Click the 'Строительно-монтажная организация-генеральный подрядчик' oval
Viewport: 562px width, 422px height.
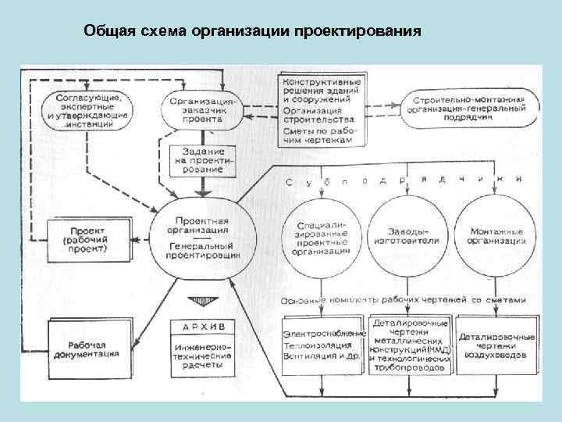(471, 105)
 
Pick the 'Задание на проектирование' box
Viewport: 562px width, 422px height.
(202, 159)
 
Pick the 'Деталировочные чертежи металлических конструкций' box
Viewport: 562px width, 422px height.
(410, 345)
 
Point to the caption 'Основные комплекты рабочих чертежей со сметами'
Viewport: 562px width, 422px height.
(403, 300)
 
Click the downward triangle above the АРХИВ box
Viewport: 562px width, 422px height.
(201, 302)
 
